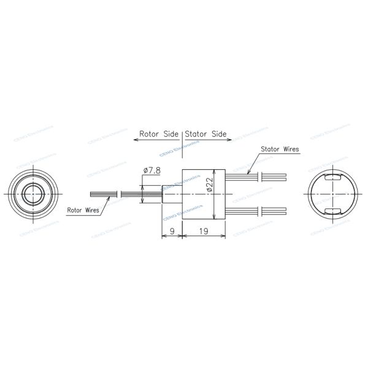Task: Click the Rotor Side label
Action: click(x=158, y=133)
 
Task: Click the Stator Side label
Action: click(x=206, y=133)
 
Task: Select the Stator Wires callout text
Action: click(x=280, y=149)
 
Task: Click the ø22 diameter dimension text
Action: click(x=209, y=185)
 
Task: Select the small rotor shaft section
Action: click(x=172, y=194)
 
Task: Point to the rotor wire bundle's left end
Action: click(x=92, y=194)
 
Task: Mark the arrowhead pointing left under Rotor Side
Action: click(x=136, y=140)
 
